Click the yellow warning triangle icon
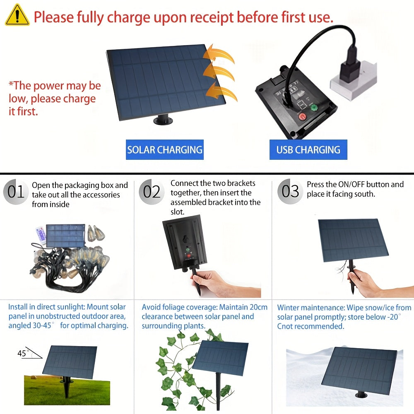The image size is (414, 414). pyautogui.click(x=17, y=15)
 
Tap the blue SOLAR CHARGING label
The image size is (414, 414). pyautogui.click(x=164, y=150)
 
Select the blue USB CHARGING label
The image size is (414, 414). pyautogui.click(x=308, y=150)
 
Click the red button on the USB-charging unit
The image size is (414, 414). pyautogui.click(x=301, y=116)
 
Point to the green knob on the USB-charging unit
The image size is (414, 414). pyautogui.click(x=314, y=108)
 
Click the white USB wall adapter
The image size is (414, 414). pyautogui.click(x=353, y=81)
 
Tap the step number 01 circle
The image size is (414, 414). pyautogui.click(x=16, y=192)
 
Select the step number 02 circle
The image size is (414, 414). pyautogui.click(x=152, y=192)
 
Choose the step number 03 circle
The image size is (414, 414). pyautogui.click(x=290, y=191)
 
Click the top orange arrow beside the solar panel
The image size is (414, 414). pyautogui.click(x=219, y=54)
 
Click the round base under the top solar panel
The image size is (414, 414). pyautogui.click(x=163, y=120)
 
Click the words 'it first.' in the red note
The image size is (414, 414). pyautogui.click(x=23, y=111)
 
